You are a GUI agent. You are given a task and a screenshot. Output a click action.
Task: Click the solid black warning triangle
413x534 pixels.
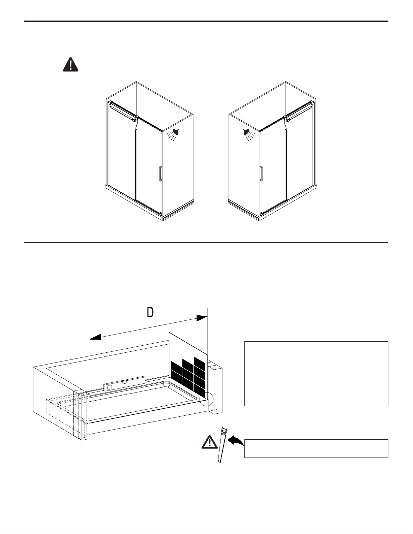tap(70, 64)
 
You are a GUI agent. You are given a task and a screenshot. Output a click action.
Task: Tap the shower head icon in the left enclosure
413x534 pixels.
tap(173, 135)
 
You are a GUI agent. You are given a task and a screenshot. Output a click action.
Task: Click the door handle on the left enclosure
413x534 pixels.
tap(160, 174)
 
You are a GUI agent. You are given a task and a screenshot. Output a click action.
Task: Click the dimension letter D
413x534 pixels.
tap(150, 312)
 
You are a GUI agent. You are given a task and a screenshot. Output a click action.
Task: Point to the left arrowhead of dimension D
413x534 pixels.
tap(95, 337)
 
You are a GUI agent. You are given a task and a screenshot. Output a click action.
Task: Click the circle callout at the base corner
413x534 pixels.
tap(206, 399)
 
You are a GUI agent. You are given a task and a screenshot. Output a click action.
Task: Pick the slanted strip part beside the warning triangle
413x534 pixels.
tap(222, 445)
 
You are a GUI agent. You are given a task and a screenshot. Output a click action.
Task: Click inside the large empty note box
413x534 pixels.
tap(316, 374)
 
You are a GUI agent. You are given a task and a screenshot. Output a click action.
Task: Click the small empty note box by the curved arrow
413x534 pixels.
tap(316, 448)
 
